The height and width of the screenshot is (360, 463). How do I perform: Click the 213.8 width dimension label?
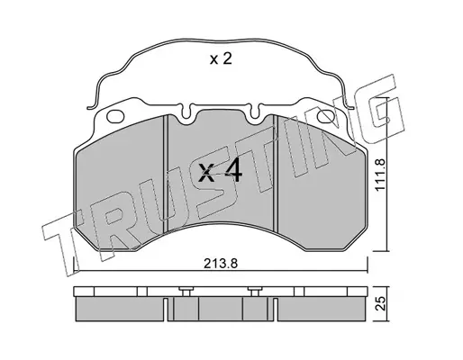221,264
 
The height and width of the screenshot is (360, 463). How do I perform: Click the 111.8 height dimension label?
380,175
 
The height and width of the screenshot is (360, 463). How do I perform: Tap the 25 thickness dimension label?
380,304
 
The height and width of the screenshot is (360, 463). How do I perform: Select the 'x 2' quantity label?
221,59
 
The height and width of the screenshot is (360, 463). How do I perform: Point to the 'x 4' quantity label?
220,173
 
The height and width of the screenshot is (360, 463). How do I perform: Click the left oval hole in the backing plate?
115,116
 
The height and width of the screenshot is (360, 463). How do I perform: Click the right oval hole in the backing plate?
326,116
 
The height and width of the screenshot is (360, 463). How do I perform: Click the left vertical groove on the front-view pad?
165,174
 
